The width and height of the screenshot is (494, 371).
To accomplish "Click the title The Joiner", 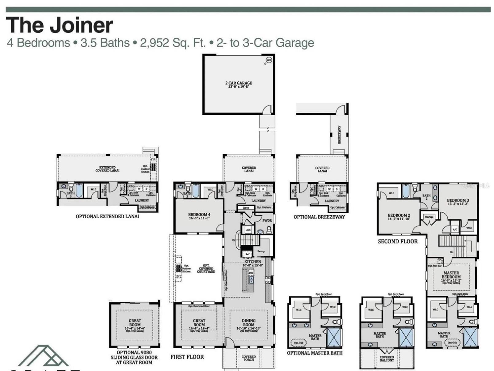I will [60, 25].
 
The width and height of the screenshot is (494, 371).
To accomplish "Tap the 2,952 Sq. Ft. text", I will [173, 43].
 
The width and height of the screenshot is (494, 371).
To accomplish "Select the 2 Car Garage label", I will [239, 83].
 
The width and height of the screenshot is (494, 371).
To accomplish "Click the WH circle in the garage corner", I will [269, 60].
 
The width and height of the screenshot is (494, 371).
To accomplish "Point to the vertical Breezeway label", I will [339, 134].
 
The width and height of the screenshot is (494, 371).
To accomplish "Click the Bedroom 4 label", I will [199, 215].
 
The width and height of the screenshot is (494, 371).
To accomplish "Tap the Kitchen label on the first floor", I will [253, 262].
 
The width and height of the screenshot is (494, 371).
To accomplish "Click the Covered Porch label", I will [249, 358].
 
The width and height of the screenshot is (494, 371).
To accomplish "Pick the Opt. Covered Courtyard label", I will [206, 268].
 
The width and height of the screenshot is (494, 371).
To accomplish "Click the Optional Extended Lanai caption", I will [107, 216].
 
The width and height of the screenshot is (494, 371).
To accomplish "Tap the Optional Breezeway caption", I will [319, 217].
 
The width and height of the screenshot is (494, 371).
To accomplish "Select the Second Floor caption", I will [398, 241].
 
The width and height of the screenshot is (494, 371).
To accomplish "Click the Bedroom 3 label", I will [458, 201].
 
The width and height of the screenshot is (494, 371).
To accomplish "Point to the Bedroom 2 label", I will [399, 215].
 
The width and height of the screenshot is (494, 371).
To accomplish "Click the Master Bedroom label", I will [451, 275].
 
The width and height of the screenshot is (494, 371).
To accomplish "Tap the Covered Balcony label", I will [387, 358].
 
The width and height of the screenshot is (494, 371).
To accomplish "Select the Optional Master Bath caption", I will [314, 353].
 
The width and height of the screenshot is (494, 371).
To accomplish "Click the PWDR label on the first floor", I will [267, 220].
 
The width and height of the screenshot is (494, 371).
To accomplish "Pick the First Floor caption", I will [187, 357].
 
